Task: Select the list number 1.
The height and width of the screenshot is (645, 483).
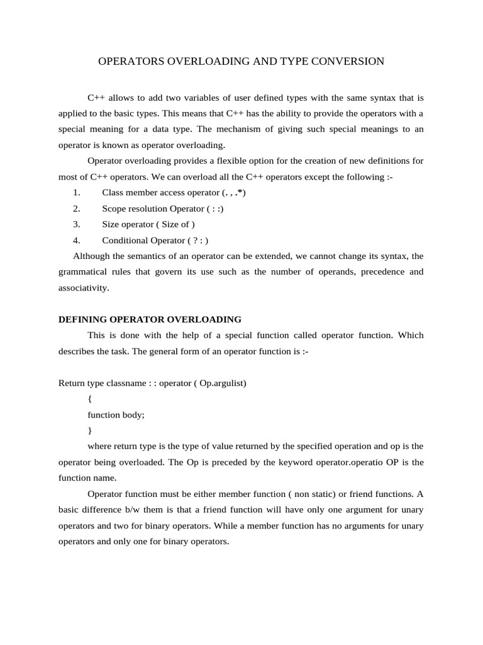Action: [76, 192]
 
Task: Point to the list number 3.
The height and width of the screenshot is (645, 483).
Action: [76, 224]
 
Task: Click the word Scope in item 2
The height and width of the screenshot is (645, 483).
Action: [114, 208]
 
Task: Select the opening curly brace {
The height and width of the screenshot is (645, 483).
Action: [90, 399]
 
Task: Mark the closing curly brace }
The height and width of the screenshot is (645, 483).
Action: [90, 430]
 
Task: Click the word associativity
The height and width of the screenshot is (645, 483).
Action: [84, 288]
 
